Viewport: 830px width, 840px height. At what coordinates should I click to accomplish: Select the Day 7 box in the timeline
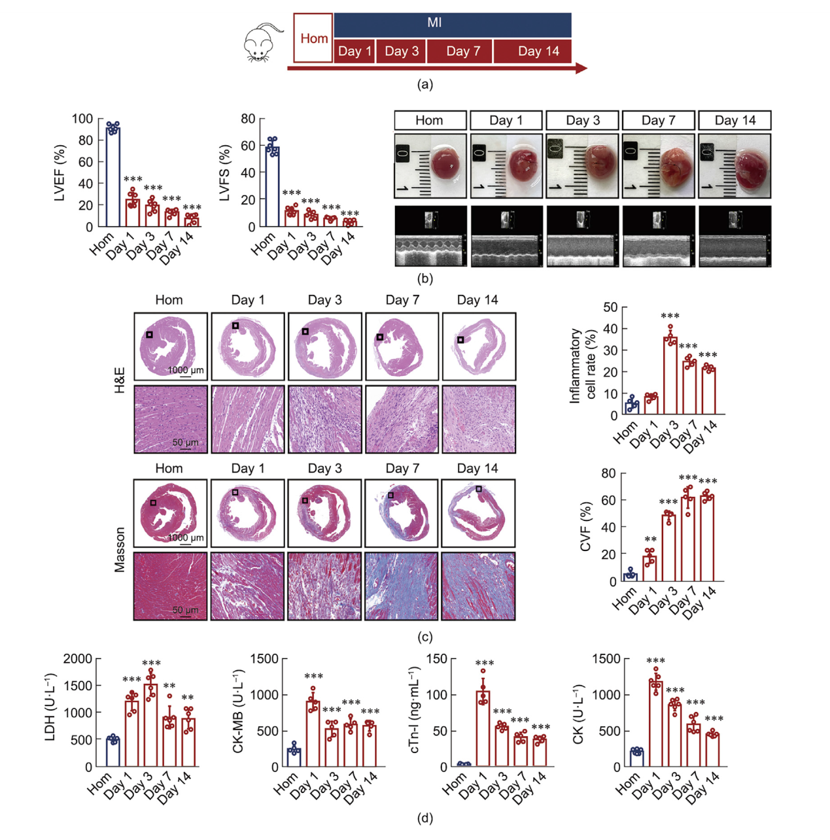pyautogui.click(x=462, y=52)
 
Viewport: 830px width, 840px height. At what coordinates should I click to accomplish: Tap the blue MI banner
pyautogui.click(x=452, y=24)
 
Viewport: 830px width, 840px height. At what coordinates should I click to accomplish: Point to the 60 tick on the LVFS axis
pyautogui.click(x=248, y=146)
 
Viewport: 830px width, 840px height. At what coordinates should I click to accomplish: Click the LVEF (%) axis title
pyautogui.click(x=60, y=173)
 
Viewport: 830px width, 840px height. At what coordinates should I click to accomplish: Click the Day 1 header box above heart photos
pyautogui.click(x=506, y=120)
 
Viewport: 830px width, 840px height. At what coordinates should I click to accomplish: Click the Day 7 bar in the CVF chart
pyautogui.click(x=687, y=539)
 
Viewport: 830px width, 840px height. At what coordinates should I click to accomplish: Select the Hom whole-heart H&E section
pyautogui.click(x=170, y=346)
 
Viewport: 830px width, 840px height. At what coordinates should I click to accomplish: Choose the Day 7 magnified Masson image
pyautogui.click(x=402, y=586)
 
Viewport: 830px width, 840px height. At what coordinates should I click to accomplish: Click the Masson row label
pyautogui.click(x=120, y=550)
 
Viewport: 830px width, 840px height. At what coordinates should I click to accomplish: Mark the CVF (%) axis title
pyautogui.click(x=585, y=527)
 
